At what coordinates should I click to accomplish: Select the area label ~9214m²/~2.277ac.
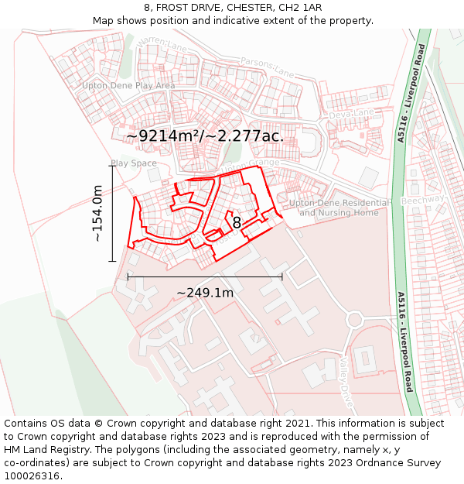[x=205, y=136]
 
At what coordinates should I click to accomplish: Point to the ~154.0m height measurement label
[x=97, y=213]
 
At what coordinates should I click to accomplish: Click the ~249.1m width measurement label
[x=205, y=293]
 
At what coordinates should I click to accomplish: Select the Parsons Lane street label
[x=267, y=68]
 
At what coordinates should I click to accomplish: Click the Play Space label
[x=134, y=163]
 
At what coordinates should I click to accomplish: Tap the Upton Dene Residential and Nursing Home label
[x=339, y=208]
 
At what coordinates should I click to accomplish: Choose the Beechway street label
[x=423, y=199]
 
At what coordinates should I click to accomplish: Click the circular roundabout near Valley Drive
[x=354, y=319]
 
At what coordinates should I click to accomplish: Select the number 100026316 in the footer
[x=33, y=476]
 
